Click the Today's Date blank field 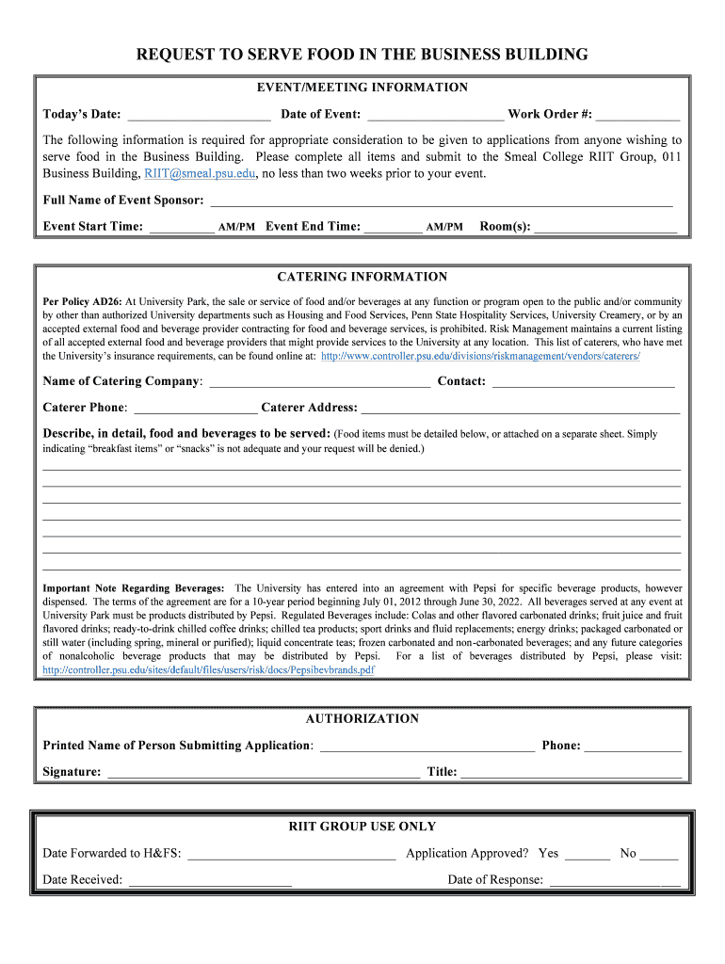pos(199,115)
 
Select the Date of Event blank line pos(435,115)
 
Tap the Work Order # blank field pos(637,115)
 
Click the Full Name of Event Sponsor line pos(441,200)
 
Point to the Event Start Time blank pos(181,226)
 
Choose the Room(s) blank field pos(605,226)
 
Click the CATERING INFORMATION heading pos(362,277)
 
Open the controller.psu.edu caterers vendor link pos(480,357)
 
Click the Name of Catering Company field pos(319,381)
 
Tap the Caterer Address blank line pos(520,408)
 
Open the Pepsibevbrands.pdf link pos(208,670)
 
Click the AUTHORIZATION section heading pos(362,718)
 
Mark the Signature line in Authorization pos(264,772)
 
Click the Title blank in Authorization pos(571,772)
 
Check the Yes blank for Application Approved pos(588,854)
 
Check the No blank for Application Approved pos(659,854)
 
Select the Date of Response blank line pos(614,880)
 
